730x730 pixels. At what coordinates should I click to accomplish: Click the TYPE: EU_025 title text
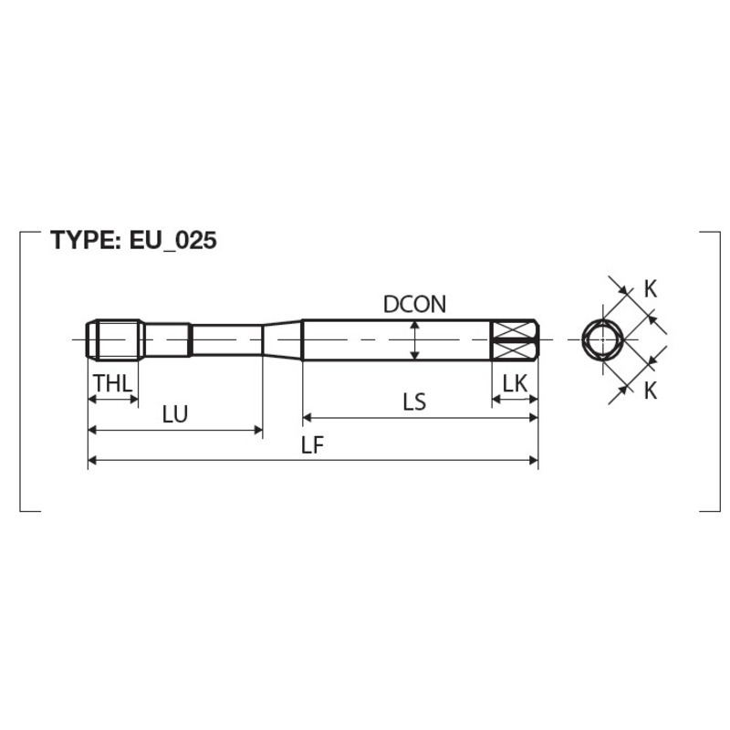point(133,241)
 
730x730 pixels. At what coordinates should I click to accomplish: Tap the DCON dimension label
point(414,304)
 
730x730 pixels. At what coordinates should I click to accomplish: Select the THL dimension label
point(113,383)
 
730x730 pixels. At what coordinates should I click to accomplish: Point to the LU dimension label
point(175,414)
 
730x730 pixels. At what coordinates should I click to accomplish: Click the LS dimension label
point(414,401)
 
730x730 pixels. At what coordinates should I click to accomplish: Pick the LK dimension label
point(515,384)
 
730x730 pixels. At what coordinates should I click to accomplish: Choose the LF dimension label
point(312,445)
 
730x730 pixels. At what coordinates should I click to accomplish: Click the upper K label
point(651,289)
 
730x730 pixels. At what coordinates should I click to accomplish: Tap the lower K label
point(651,391)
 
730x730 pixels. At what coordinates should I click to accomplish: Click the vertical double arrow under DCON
point(414,339)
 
